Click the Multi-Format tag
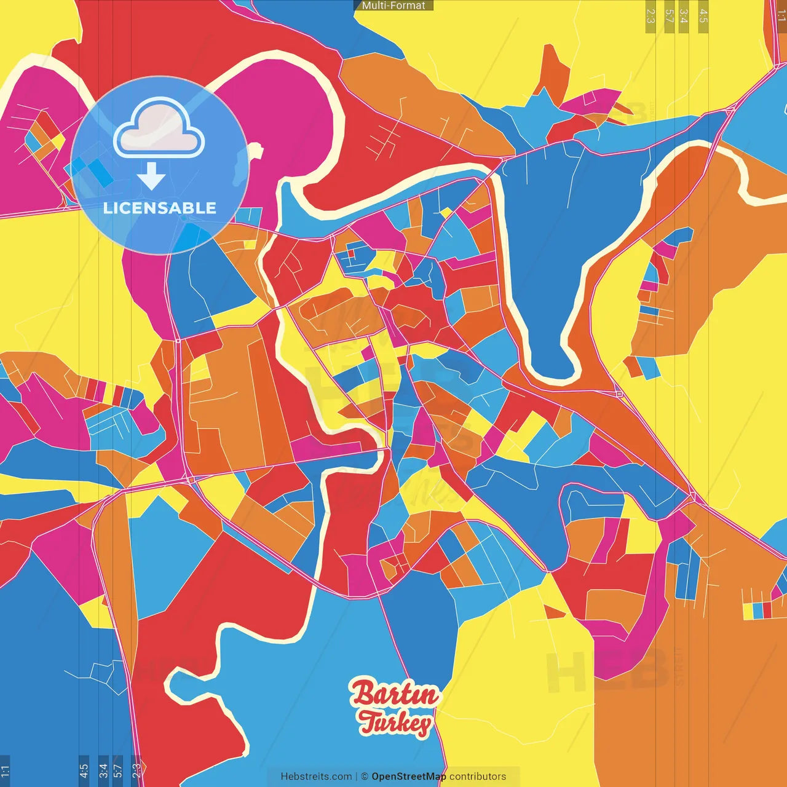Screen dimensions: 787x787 click(393, 6)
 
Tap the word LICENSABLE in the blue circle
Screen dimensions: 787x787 click(160, 208)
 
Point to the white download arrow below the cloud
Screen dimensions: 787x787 click(151, 176)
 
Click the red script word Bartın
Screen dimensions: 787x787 click(395, 695)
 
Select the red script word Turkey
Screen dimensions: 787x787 click(395, 723)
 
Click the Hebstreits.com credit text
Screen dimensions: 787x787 click(316, 777)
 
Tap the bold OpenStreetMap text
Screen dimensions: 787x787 click(409, 777)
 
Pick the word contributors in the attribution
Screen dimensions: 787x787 click(478, 777)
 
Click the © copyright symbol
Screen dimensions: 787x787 click(365, 777)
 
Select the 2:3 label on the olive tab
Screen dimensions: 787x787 click(651, 16)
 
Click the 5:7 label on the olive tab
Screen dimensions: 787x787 click(670, 16)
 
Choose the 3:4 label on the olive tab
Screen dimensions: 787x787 click(684, 16)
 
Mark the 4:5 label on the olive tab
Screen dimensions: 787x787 click(703, 16)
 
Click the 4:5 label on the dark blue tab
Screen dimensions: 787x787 click(84, 770)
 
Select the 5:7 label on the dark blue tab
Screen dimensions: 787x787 click(117, 770)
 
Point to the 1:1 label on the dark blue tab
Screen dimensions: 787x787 click(6, 770)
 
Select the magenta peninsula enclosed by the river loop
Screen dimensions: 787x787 click(277, 111)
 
